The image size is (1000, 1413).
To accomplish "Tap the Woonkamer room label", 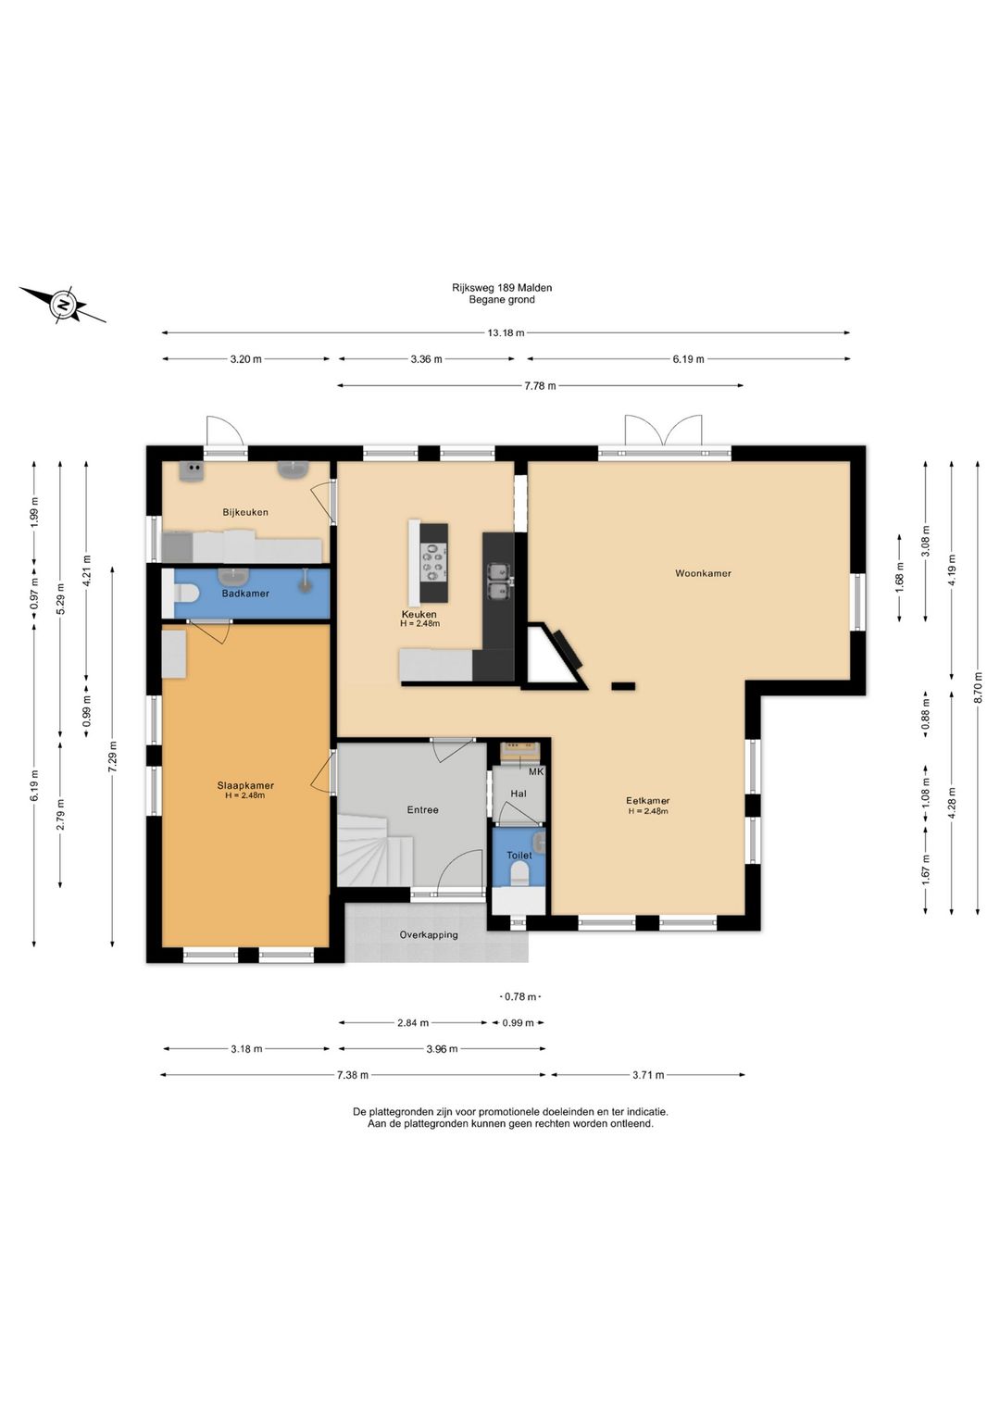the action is [703, 573].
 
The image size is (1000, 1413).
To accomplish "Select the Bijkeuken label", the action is [244, 512].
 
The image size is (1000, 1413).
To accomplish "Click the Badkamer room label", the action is [244, 594].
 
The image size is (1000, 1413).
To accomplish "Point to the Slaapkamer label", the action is [244, 785].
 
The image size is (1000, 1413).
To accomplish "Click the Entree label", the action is [422, 810].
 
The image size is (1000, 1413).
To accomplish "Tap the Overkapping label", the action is [429, 935].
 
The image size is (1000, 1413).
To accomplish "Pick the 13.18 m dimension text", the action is [506, 333].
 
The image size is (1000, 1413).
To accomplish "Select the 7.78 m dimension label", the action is [540, 386].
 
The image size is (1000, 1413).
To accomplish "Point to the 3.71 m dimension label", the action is [648, 1075].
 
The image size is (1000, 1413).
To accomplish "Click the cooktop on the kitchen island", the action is [434, 562].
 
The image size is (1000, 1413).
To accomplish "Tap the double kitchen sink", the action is [498, 580].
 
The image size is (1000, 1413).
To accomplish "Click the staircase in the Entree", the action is [376, 850].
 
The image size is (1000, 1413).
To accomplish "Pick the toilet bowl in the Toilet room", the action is [519, 874].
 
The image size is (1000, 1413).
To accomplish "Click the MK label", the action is [535, 771].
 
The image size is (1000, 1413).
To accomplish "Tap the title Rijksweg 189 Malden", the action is [502, 288].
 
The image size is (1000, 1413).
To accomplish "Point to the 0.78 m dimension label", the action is [519, 996].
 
